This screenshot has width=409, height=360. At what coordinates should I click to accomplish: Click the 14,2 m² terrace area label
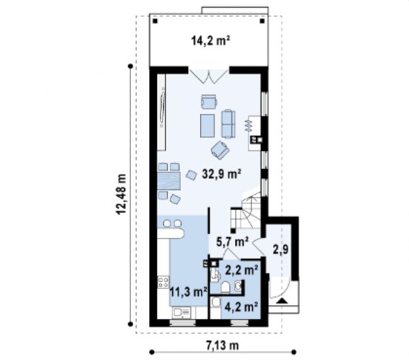pyautogui.click(x=211, y=41)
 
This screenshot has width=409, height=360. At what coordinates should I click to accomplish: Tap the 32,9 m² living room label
pyautogui.click(x=221, y=174)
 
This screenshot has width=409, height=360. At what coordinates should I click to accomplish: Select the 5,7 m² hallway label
pyautogui.click(x=232, y=242)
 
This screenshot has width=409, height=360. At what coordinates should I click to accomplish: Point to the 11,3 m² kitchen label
pyautogui.click(x=189, y=291)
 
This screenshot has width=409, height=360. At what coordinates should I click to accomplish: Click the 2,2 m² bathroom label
pyautogui.click(x=242, y=271)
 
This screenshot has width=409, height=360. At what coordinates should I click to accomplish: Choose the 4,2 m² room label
pyautogui.click(x=241, y=307)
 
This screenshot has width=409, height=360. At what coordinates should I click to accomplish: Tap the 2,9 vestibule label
pyautogui.click(x=281, y=249)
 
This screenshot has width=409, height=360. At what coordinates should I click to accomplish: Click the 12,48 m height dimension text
pyautogui.click(x=121, y=194)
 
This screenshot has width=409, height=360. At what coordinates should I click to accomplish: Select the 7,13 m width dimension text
pyautogui.click(x=223, y=346)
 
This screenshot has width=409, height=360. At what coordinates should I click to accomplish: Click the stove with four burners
pyautogui.click(x=164, y=282)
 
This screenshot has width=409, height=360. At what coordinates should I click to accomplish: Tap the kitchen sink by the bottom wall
pyautogui.click(x=181, y=312)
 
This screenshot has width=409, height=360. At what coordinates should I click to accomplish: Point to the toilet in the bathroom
pyautogui.click(x=225, y=287)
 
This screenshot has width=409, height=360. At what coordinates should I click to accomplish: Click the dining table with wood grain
pyautogui.click(x=169, y=181)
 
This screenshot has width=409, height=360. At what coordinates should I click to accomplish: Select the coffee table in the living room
pyautogui.click(x=208, y=126)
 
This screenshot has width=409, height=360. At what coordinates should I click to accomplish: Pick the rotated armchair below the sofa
pyautogui.click(x=220, y=150)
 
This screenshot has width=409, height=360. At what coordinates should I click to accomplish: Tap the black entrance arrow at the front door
pyautogui.click(x=282, y=301)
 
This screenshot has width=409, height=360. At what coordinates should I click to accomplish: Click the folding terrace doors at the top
pyautogui.click(x=209, y=76)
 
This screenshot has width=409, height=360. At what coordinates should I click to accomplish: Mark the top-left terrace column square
pyautogui.click(x=155, y=21)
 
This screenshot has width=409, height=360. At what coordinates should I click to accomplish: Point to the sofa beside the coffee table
pyautogui.click(x=228, y=123)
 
